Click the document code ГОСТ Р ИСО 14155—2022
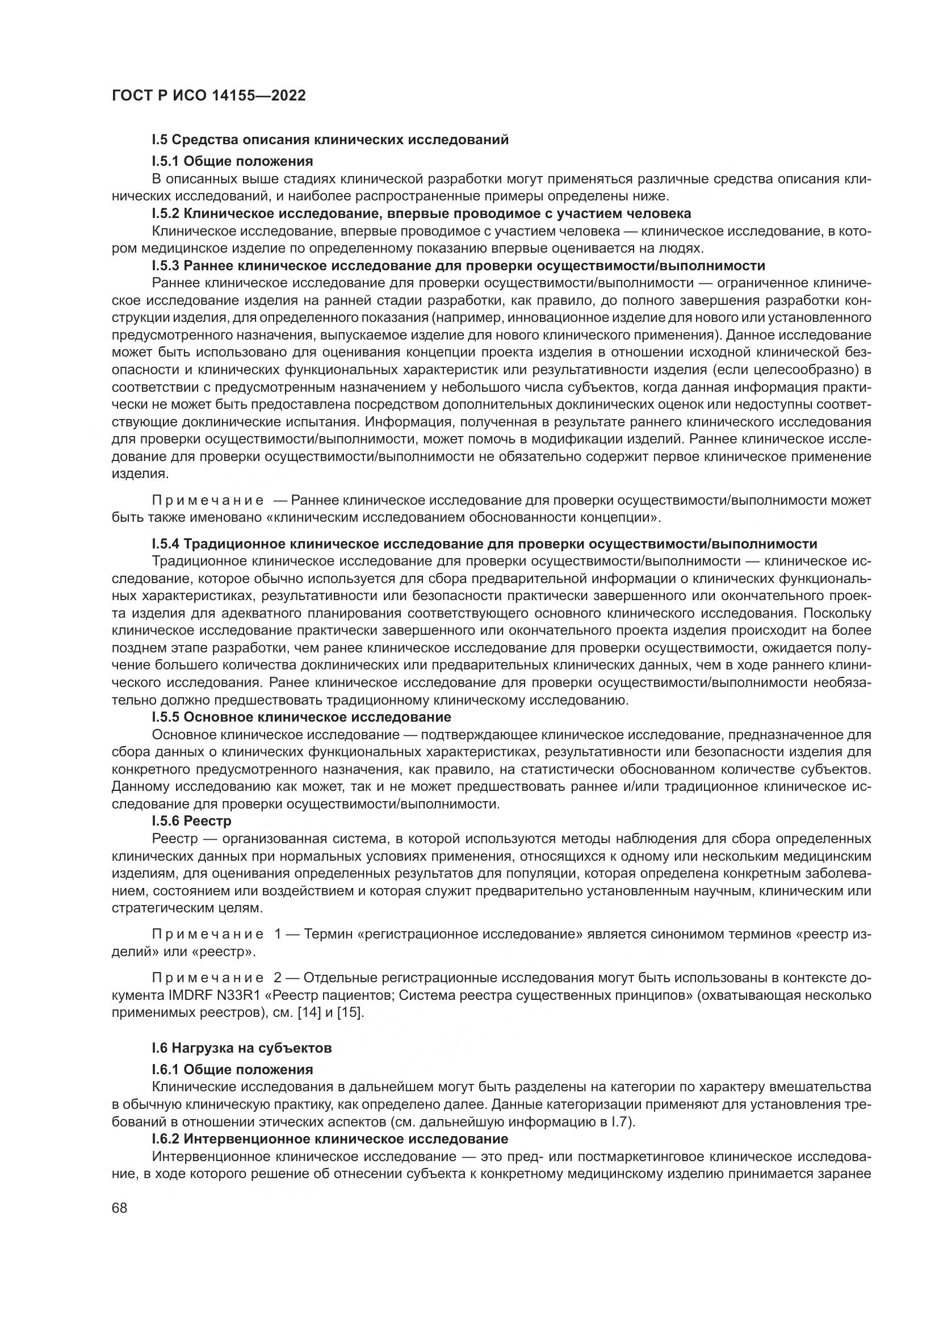pyautogui.click(x=208, y=95)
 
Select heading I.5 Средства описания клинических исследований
pyautogui.click(x=330, y=140)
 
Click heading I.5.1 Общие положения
pyautogui.click(x=232, y=161)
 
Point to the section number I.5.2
pyautogui.click(x=166, y=213)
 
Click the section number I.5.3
pyautogui.click(x=166, y=266)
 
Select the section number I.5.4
pyautogui.click(x=166, y=544)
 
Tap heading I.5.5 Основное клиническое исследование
pyautogui.click(x=301, y=717)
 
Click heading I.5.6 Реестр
pyautogui.click(x=191, y=822)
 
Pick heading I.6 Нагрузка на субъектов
pyautogui.click(x=241, y=1048)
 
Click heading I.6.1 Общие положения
pyautogui.click(x=232, y=1070)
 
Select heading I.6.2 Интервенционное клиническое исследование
pyautogui.click(x=330, y=1139)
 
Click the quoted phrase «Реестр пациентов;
pyautogui.click(x=333, y=995)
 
